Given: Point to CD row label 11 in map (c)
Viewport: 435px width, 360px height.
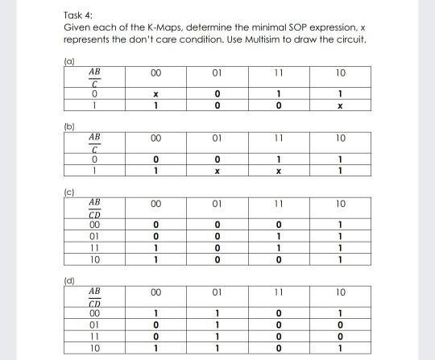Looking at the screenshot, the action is tap(93, 250).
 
